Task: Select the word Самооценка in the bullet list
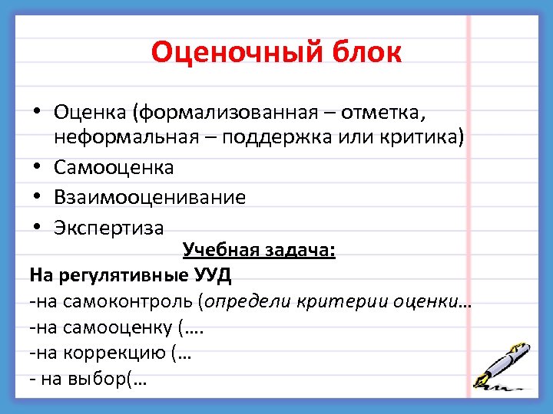point(114,167)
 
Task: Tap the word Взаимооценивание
point(150,197)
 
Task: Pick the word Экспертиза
point(108,228)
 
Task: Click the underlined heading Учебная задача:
point(259,251)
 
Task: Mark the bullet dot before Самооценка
point(37,167)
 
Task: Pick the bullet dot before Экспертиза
point(37,228)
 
